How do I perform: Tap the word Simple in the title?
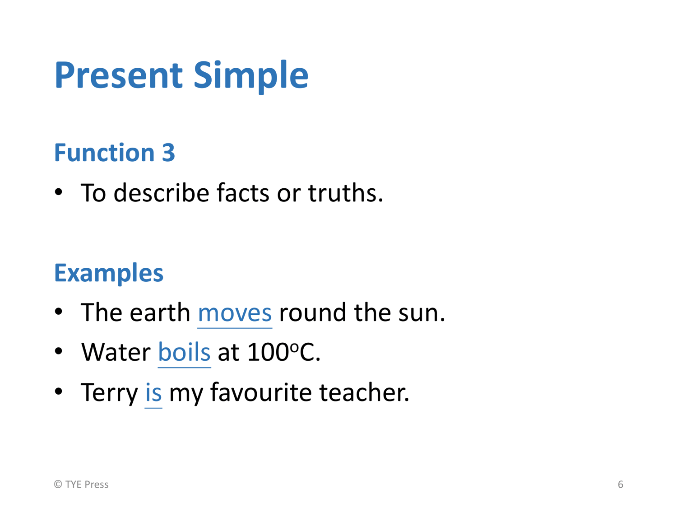pyautogui.click(x=251, y=77)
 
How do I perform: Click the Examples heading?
pyautogui.click(x=109, y=274)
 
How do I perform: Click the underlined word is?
pyautogui.click(x=153, y=393)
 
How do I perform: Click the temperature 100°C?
pyautogui.click(x=284, y=352)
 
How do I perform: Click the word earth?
pyautogui.click(x=160, y=313)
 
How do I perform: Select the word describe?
pyautogui.click(x=162, y=193)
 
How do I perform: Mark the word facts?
pyautogui.click(x=243, y=193)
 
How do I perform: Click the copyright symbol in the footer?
pyautogui.click(x=58, y=484)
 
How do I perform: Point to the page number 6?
pyautogui.click(x=621, y=484)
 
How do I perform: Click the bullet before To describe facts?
pyautogui.click(x=58, y=192)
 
